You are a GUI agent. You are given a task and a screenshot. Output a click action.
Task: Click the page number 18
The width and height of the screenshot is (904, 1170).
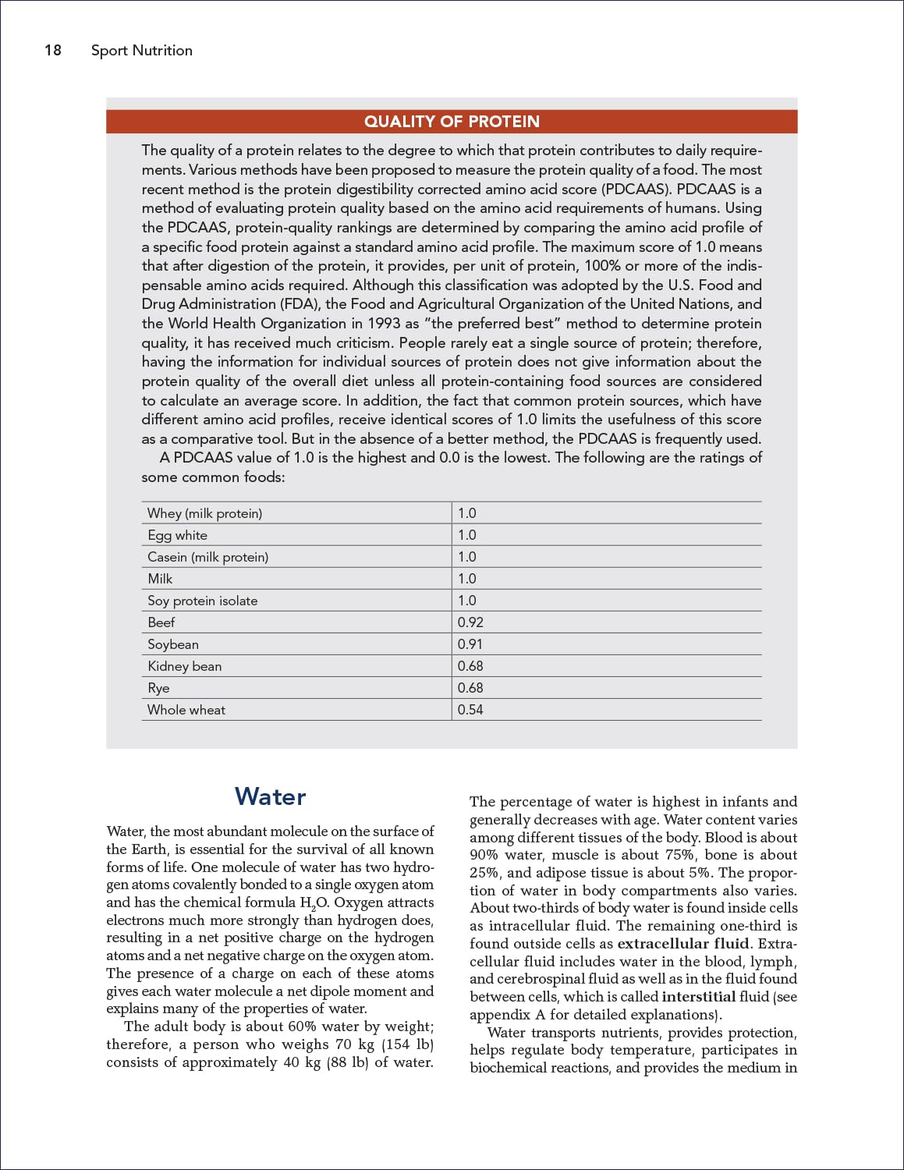pyautogui.click(x=52, y=51)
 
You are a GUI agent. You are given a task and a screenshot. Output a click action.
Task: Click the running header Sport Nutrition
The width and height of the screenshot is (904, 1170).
pyautogui.click(x=141, y=51)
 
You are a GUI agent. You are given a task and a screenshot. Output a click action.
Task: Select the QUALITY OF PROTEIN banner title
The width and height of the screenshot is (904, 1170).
pyautogui.click(x=452, y=122)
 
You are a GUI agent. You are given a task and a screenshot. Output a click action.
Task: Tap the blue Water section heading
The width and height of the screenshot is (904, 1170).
pyautogui.click(x=270, y=796)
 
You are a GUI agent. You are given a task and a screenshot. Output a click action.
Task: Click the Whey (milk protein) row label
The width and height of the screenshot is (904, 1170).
pyautogui.click(x=204, y=513)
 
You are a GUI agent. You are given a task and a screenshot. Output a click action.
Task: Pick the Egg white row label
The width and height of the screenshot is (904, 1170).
pyautogui.click(x=177, y=535)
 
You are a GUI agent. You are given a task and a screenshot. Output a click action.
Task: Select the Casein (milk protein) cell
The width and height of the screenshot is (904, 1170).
pyautogui.click(x=207, y=557)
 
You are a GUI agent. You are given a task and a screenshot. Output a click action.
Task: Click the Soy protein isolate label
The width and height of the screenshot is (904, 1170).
pyautogui.click(x=202, y=601)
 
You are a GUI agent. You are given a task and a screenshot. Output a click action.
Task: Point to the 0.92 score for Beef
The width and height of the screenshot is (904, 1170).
pyautogui.click(x=470, y=622)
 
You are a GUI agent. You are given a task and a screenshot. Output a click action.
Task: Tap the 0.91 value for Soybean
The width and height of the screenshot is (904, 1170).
pyautogui.click(x=470, y=644)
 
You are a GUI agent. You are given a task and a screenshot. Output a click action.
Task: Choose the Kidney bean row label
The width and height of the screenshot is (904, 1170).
pyautogui.click(x=184, y=666)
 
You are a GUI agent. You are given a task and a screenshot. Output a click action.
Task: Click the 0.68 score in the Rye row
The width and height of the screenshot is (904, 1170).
pyautogui.click(x=470, y=688)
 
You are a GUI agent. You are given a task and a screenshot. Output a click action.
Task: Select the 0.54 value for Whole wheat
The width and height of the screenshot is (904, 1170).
pyautogui.click(x=470, y=710)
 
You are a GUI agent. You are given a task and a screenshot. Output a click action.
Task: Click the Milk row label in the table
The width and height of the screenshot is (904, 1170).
pyautogui.click(x=160, y=579)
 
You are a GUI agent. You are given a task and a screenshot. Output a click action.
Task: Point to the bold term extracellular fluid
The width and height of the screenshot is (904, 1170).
pyautogui.click(x=683, y=944)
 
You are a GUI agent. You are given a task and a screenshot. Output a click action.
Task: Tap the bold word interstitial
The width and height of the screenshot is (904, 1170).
pyautogui.click(x=698, y=997)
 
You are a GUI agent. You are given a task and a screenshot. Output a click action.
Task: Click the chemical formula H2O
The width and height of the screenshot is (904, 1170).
pyautogui.click(x=314, y=903)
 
